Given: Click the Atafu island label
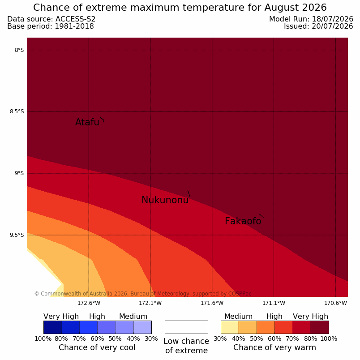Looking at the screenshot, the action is pyautogui.click(x=87, y=122).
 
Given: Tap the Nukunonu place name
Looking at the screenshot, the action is pyautogui.click(x=165, y=200).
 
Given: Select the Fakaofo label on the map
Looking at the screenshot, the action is pyautogui.click(x=243, y=221).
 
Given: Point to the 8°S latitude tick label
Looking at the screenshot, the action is pyautogui.click(x=19, y=50).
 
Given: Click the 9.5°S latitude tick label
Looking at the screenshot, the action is pyautogui.click(x=17, y=235).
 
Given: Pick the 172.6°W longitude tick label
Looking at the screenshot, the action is pyautogui.click(x=89, y=303).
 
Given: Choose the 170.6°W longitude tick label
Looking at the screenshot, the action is pyautogui.click(x=335, y=303).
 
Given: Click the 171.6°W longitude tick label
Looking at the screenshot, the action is pyautogui.click(x=212, y=303).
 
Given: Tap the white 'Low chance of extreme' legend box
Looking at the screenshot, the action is pyautogui.click(x=186, y=327).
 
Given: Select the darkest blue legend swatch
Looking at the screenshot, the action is pyautogui.click(x=52, y=327).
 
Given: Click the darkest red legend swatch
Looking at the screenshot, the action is pyautogui.click(x=320, y=327).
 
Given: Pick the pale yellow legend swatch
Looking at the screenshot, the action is pyautogui.click(x=230, y=327).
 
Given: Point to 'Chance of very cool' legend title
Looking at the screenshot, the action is pyautogui.click(x=97, y=347).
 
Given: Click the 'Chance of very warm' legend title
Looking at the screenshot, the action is pyautogui.click(x=274, y=347).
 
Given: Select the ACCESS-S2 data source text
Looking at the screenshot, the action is pyautogui.click(x=76, y=19).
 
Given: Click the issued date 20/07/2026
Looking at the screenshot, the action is pyautogui.click(x=332, y=26).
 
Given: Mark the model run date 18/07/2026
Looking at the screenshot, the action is pyautogui.click(x=332, y=19).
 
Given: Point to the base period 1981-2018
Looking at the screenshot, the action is pyautogui.click(x=74, y=26).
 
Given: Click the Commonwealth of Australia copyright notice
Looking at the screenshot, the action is pyautogui.click(x=143, y=294).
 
